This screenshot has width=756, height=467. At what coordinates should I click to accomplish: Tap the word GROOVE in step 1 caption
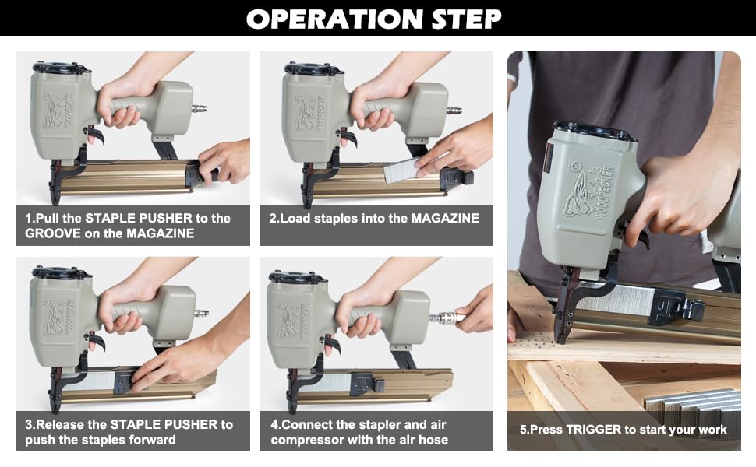click(56, 233)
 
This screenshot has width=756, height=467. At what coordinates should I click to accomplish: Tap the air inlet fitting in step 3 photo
click(202, 314)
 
